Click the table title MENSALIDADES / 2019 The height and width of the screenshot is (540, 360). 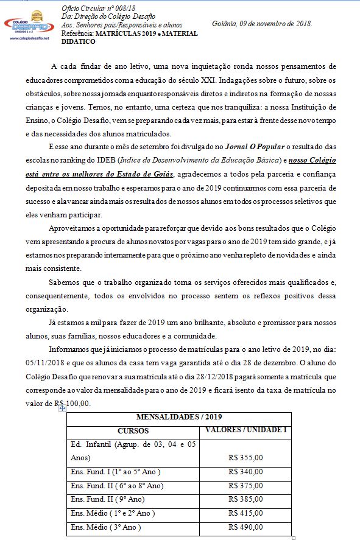(x=179, y=417)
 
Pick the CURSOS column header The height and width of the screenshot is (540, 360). (x=133, y=430)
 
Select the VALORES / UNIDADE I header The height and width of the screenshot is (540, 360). (x=246, y=430)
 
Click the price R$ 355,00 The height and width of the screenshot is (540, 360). (x=245, y=457)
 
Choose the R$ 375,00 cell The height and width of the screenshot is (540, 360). (x=245, y=485)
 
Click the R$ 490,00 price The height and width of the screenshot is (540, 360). (x=245, y=527)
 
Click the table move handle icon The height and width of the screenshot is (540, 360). (x=62, y=409)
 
